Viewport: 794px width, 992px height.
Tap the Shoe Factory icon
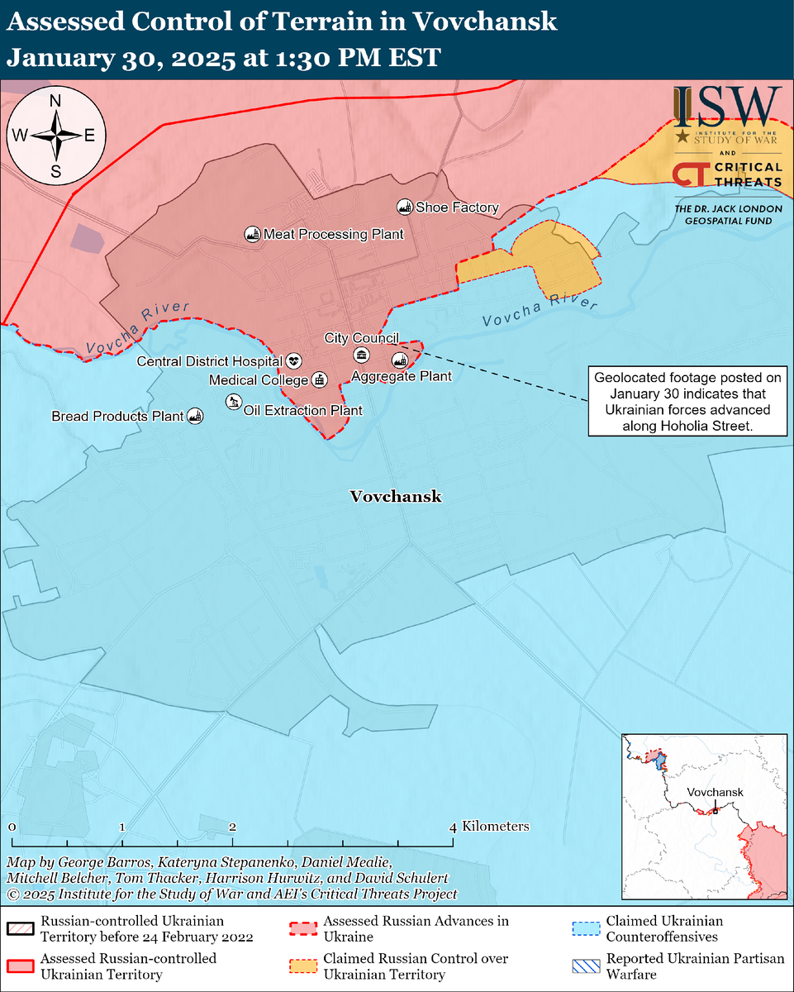click(405, 207)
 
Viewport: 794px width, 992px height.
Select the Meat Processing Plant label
click(333, 235)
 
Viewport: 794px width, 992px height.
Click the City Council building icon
click(361, 355)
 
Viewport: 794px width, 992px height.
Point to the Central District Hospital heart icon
click(293, 361)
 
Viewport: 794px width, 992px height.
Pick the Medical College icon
click(319, 380)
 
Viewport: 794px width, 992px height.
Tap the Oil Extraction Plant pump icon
click(234, 402)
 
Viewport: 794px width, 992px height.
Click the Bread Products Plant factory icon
click(195, 416)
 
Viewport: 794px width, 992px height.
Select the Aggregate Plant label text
click(402, 377)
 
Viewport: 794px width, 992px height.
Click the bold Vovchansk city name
click(396, 497)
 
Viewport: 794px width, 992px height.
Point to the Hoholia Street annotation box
click(682, 402)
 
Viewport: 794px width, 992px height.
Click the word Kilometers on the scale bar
click(496, 827)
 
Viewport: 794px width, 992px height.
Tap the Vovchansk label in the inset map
click(716, 792)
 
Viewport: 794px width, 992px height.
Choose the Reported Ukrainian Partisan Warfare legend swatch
click(585, 965)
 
